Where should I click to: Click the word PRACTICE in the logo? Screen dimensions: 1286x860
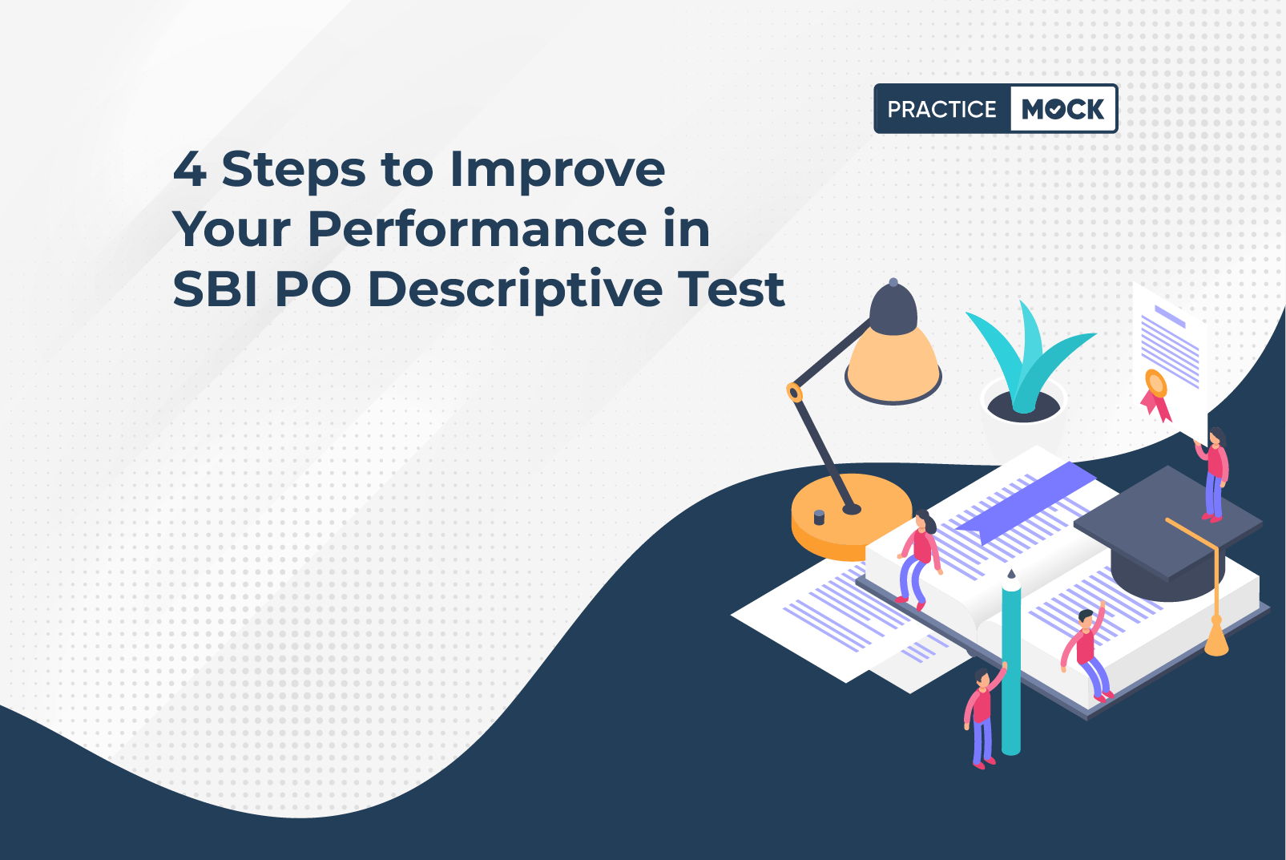coord(941,109)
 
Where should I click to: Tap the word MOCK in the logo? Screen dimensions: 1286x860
coord(1062,109)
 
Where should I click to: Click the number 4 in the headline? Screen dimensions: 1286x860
coord(189,169)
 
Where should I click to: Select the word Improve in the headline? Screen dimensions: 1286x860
coord(558,170)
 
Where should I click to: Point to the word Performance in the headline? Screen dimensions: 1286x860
coord(477,228)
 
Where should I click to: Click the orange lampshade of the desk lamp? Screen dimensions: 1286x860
coord(894,365)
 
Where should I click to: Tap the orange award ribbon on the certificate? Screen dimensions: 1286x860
coord(1155,395)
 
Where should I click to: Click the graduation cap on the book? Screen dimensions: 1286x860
coord(1168,534)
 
